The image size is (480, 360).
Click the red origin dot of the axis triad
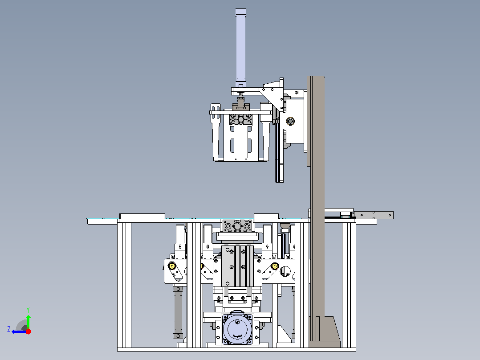tap(28, 331)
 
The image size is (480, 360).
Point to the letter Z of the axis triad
tap(9, 329)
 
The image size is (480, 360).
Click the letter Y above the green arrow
tap(28, 310)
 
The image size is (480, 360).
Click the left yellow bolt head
tap(172, 266)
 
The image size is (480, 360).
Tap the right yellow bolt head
tap(275, 266)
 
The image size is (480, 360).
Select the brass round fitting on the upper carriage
tap(290, 121)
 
